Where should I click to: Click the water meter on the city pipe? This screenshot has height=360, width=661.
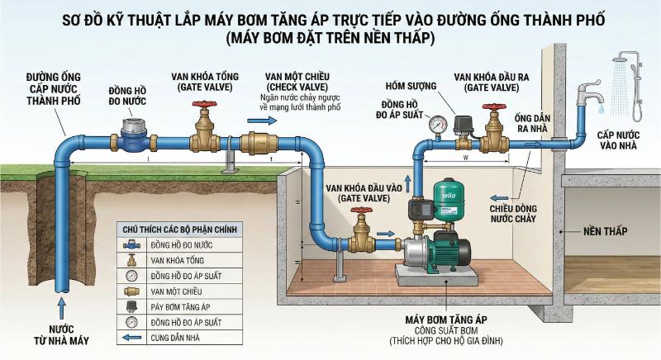pos(131,136)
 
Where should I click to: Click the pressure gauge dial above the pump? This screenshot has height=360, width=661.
pos(435,124)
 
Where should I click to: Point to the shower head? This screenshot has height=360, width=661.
pos(624,60)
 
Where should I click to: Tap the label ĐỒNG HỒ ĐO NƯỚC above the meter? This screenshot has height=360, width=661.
pos(130,96)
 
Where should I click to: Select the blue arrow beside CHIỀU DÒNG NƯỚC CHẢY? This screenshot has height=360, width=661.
pos(497,198)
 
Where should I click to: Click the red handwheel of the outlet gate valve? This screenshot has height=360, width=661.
pos(495,108)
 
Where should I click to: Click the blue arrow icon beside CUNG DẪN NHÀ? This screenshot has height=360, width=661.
pos(131,337)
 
